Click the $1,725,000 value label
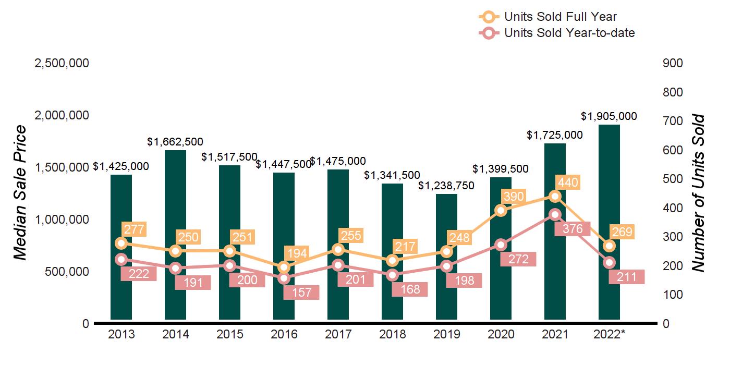tap(555, 135)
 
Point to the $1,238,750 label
tap(446, 186)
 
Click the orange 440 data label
tap(567, 182)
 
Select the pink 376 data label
tap(573, 229)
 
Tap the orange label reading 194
tap(297, 254)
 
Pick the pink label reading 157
tap(301, 293)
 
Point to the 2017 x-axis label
tap(338, 334)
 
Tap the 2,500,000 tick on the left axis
tap(62, 63)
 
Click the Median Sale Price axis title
tap(20, 193)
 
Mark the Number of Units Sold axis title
tap(698, 193)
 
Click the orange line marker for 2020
tap(501, 210)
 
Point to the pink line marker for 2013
tap(121, 259)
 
